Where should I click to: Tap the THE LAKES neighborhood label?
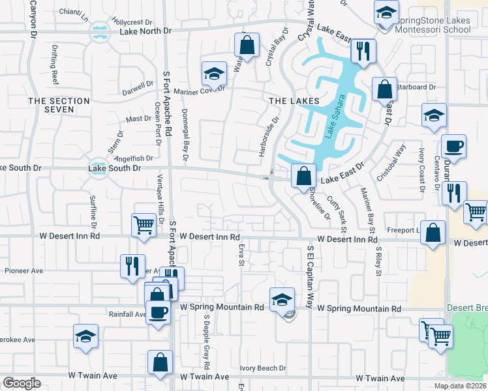click(x=294, y=101)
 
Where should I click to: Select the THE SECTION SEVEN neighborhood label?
click(x=59, y=105)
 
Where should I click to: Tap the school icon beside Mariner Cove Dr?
click(x=213, y=74)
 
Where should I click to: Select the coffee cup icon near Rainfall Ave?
click(x=157, y=312)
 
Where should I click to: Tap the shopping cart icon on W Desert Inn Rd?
click(x=144, y=225)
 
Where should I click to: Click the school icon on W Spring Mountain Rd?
click(x=281, y=299)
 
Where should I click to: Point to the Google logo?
click(x=22, y=383)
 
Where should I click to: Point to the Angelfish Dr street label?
click(x=134, y=158)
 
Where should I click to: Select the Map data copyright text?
click(x=461, y=386)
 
